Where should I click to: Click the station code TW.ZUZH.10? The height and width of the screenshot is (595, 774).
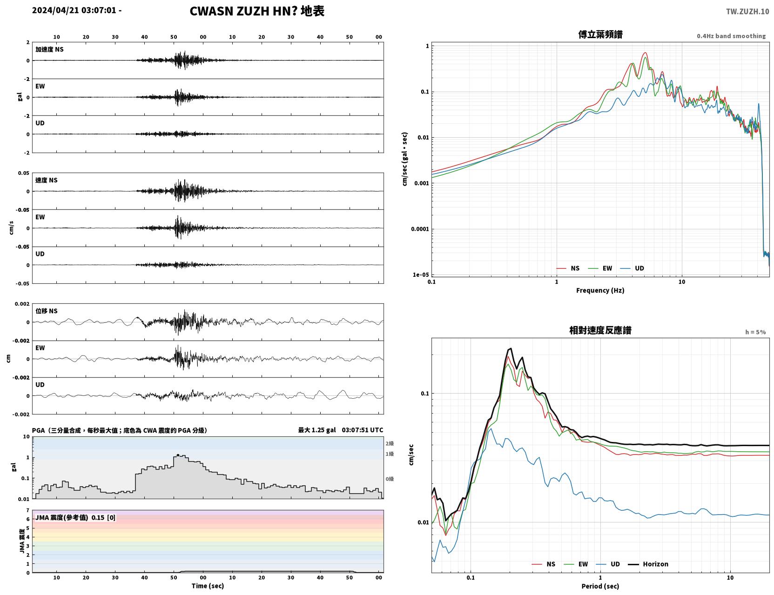point(747,11)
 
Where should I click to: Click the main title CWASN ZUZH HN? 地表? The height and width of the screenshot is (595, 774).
point(257,11)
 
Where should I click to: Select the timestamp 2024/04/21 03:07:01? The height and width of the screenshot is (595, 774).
point(74,10)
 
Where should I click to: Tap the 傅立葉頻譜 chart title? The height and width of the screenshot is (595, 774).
point(600,34)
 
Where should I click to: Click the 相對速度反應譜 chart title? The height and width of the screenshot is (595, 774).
point(600,330)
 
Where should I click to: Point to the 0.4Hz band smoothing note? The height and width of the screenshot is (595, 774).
point(731,36)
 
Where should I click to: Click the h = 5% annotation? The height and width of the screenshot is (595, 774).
point(755,332)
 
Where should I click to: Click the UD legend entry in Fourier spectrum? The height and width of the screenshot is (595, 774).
point(632,268)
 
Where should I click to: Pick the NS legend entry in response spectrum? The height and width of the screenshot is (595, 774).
point(544,564)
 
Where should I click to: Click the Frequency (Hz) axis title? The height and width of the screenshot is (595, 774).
point(600,290)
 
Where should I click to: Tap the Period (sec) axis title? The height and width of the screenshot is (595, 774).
point(600,586)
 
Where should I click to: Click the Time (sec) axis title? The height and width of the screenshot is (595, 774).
point(208,586)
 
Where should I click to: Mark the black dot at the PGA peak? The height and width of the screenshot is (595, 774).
point(178,455)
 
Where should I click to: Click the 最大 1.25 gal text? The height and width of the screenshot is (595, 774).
point(316,430)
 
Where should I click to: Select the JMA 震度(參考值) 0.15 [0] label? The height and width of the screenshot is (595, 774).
point(75,517)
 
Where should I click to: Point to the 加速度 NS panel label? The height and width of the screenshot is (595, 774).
point(49,49)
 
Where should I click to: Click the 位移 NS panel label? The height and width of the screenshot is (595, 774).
point(46,311)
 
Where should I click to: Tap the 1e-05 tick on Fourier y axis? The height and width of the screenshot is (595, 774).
point(421,275)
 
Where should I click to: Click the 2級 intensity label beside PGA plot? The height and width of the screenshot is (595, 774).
point(390,443)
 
